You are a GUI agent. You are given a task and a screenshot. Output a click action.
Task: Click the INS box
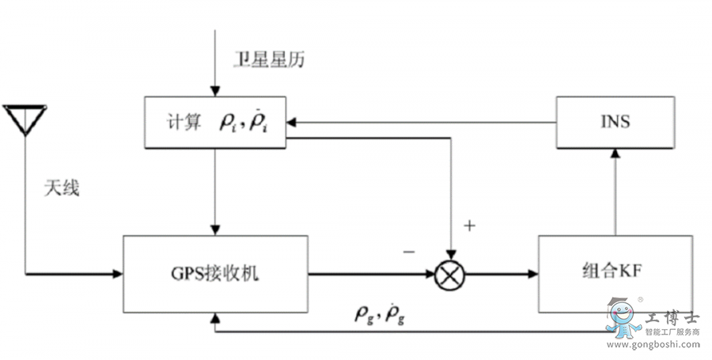615,123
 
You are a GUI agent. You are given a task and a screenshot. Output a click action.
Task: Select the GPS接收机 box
215,274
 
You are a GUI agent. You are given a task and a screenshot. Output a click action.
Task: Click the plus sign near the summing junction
469,225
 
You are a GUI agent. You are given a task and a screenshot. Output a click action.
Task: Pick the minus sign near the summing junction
409,252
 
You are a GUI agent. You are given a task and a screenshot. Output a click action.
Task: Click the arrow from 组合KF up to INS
615,190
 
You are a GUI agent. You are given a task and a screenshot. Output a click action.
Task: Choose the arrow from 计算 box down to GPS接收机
215,190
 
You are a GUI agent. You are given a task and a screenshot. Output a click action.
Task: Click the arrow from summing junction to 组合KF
502,274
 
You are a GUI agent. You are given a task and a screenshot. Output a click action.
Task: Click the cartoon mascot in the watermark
625,320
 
